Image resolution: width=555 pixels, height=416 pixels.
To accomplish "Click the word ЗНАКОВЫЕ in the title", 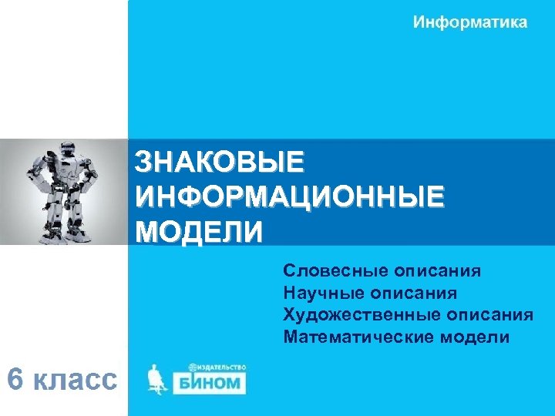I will click(x=220, y=163).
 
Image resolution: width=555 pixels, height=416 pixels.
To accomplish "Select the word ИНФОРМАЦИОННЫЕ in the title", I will click(x=290, y=196).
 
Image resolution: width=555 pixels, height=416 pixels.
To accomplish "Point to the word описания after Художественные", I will click(x=488, y=314).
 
